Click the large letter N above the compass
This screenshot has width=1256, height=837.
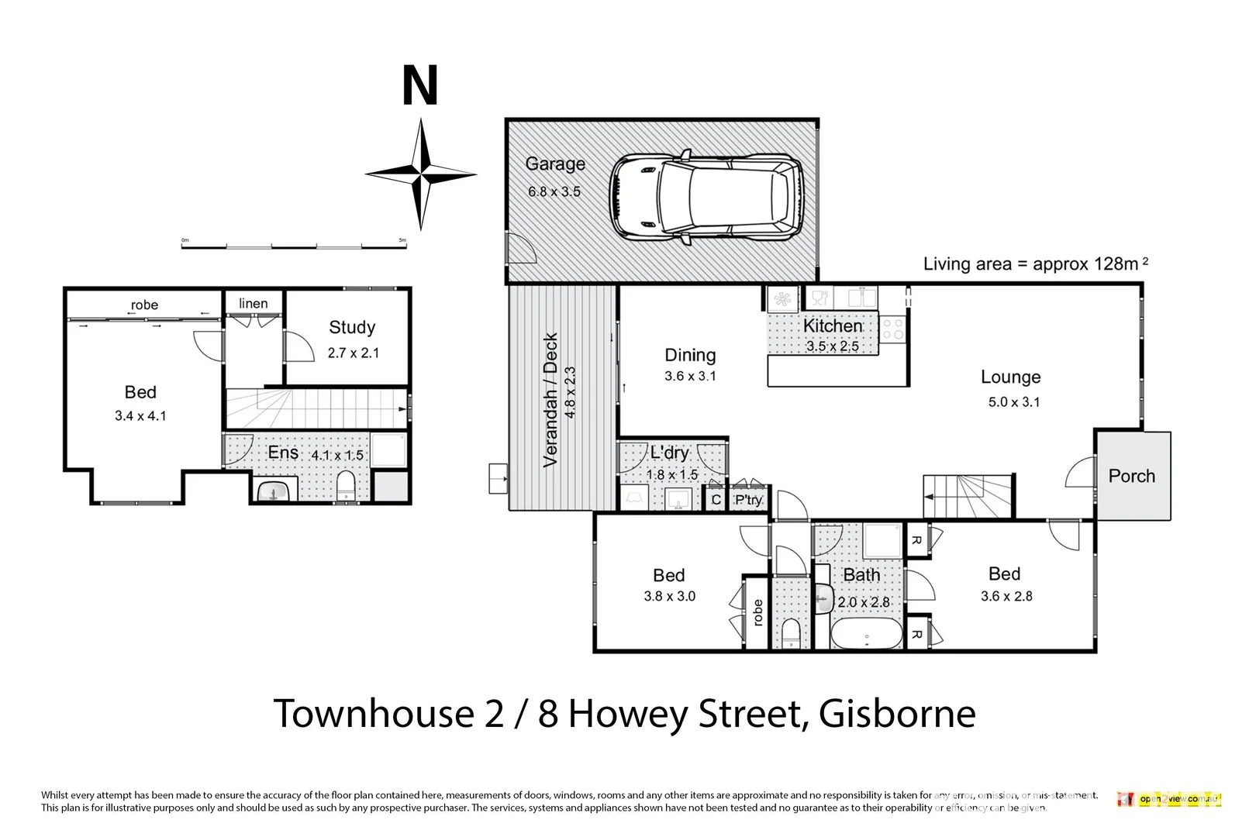point(420,86)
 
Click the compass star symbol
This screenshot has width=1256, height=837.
point(421,174)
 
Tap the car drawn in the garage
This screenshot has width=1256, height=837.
point(706,197)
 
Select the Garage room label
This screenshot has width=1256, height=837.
point(555,164)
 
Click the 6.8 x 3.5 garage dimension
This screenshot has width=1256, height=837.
point(554,191)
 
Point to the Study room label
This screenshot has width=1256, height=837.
point(352,327)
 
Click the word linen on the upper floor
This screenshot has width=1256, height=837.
point(253,304)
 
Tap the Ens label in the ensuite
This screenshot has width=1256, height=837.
point(283,453)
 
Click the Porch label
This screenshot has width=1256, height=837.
point(1131,476)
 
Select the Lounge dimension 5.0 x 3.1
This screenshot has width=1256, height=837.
point(1013,401)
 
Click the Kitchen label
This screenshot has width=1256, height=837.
point(833,326)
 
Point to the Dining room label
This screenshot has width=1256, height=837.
point(690,355)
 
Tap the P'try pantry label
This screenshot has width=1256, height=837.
point(748,500)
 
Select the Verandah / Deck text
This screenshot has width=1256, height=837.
point(550,400)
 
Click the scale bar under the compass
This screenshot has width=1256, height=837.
point(293,246)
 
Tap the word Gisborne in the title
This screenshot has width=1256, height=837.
point(897,714)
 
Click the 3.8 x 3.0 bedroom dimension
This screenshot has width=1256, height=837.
point(669,596)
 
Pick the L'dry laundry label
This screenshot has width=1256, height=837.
point(669,453)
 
